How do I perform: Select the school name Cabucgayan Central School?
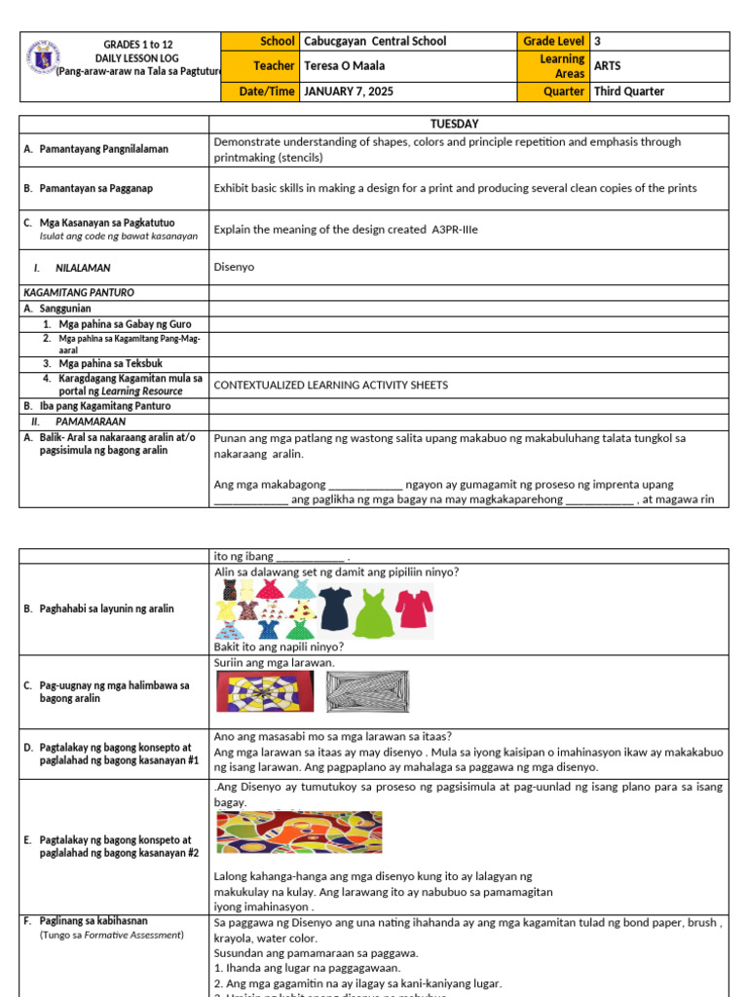coord(375,41)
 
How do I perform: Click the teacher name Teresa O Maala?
coord(344,66)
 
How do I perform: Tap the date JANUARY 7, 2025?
coord(349,92)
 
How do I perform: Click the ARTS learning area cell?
coord(610,66)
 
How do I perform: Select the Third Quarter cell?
coord(629,92)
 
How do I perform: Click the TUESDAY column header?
coord(468,124)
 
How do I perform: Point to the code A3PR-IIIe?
coord(447,229)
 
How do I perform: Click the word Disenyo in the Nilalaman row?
coord(234,266)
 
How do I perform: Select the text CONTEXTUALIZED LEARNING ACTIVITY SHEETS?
coord(331,385)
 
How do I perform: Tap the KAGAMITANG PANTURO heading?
coord(78,292)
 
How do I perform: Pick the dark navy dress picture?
coord(334,609)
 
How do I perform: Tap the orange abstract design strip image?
coord(298,833)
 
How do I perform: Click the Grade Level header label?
coord(553,41)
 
